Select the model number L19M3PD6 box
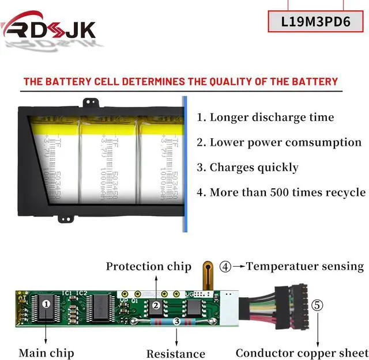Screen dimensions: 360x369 pos(316,22)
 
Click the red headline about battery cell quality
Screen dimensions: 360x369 pos(180,81)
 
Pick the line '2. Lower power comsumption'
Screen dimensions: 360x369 pos(279,142)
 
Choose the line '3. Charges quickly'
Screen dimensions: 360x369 pos(247,168)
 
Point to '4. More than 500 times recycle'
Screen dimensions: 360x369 pos(281,192)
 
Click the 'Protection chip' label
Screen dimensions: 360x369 pos(148,266)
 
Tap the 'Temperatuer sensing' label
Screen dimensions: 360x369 pos(305,266)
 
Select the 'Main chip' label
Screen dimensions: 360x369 pos(46,352)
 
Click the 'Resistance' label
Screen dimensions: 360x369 pos(175,353)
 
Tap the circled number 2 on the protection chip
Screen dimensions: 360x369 pos(155,305)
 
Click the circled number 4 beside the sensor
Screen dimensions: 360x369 pos(225,266)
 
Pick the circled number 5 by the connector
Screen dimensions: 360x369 pos(318,305)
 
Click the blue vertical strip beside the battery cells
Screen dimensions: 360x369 pos(185,164)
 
